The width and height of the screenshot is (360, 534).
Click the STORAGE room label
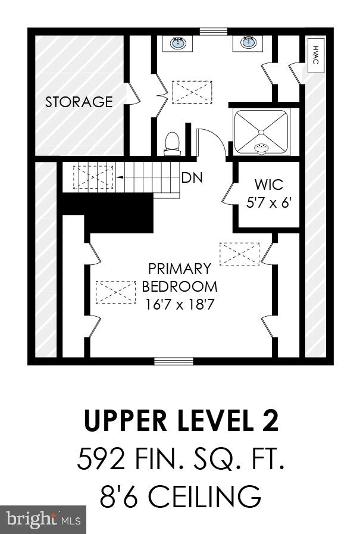(79, 102)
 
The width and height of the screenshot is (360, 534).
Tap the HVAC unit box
(315, 55)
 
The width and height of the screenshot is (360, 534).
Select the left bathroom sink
(178, 43)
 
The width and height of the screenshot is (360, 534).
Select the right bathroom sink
(249, 42)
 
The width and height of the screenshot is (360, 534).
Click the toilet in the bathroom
(172, 143)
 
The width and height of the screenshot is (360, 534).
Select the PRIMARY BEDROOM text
(179, 277)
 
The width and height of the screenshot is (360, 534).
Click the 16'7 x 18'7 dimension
(179, 304)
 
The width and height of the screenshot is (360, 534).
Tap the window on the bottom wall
(174, 361)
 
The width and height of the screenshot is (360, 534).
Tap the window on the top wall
(213, 32)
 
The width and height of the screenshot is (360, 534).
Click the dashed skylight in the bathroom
(192, 92)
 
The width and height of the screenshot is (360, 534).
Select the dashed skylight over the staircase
(93, 177)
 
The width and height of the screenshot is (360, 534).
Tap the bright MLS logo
(43, 520)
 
